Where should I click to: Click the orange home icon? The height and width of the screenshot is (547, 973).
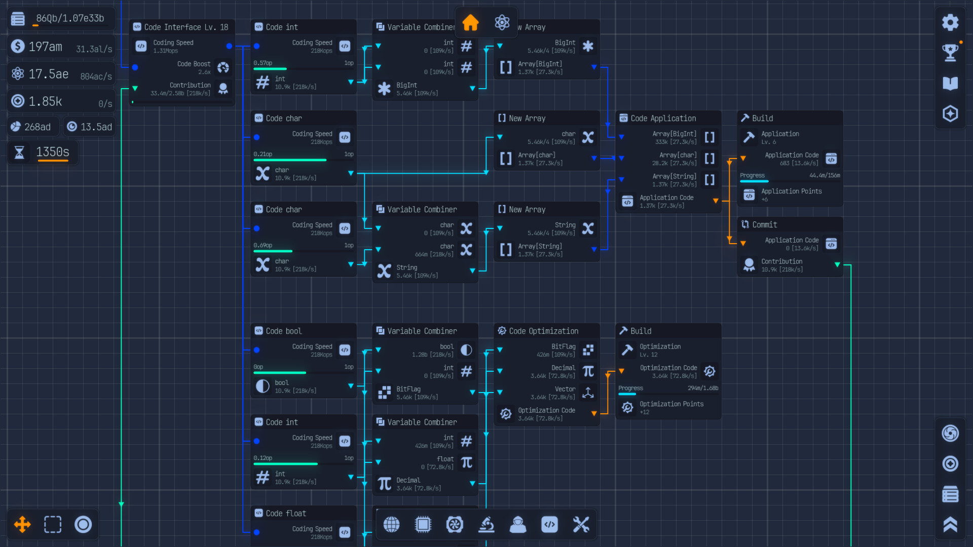[470, 22]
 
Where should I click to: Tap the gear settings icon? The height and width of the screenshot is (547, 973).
[950, 22]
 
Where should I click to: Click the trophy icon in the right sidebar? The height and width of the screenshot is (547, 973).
[950, 52]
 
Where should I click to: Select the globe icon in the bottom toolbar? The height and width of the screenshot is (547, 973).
[391, 525]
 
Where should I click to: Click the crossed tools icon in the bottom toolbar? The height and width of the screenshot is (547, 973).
[581, 525]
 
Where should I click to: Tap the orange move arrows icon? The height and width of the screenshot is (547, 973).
[22, 525]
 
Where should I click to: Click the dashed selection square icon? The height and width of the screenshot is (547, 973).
[53, 525]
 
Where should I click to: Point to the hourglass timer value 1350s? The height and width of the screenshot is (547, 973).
[53, 152]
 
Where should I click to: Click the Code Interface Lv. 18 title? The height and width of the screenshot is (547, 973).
[186, 27]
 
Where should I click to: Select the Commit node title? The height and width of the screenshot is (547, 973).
[764, 225]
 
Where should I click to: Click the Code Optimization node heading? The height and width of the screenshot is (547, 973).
[543, 331]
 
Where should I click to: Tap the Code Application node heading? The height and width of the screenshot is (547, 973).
[663, 119]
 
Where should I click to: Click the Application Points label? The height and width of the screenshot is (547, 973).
[791, 191]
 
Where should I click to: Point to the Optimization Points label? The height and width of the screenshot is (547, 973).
[671, 404]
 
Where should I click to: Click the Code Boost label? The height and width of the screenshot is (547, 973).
[194, 64]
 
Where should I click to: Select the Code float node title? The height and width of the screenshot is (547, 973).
[286, 514]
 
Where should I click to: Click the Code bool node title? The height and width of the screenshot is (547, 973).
[283, 331]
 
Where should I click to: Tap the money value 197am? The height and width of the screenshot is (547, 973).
[45, 47]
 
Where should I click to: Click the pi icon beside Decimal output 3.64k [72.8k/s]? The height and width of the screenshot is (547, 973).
[385, 484]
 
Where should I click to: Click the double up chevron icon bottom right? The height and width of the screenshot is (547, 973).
[950, 525]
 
